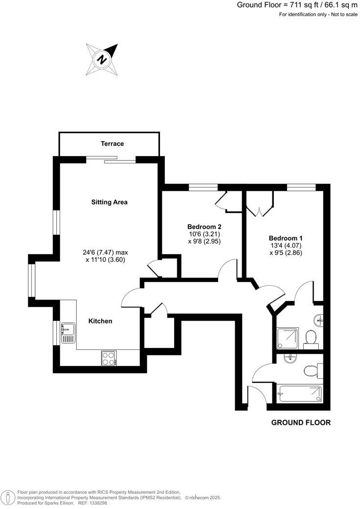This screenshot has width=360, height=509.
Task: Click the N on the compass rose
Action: point(102,60)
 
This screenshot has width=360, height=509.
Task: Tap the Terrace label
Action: point(112,144)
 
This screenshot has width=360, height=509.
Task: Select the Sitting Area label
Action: point(110,202)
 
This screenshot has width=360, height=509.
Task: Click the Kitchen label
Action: point(100,321)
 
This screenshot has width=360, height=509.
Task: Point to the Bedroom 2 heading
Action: point(204,227)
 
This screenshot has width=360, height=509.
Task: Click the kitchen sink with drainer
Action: point(67,333)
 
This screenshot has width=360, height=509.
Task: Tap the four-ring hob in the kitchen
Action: point(108,358)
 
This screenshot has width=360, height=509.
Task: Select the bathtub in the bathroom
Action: point(299,393)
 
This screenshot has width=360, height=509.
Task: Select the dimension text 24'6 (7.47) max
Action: point(105,253)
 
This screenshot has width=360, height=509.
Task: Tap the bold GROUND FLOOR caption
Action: point(301,422)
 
